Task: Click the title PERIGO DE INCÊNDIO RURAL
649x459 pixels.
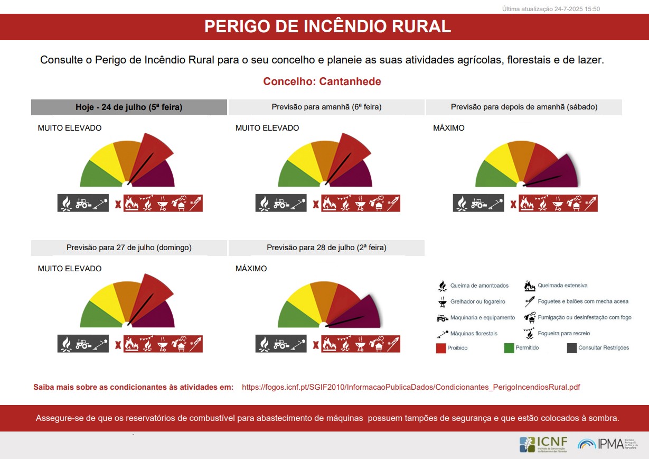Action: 327,26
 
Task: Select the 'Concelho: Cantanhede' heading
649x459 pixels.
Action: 322,81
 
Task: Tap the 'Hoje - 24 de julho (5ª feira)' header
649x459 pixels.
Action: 129,107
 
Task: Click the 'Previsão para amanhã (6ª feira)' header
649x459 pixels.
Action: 326,107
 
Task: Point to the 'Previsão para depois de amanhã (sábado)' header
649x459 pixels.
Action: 524,107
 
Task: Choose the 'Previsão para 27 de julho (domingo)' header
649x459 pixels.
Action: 129,247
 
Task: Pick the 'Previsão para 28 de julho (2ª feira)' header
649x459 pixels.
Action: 326,247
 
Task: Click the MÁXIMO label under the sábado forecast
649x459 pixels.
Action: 449,128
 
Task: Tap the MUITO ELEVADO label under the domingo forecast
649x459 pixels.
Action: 70,269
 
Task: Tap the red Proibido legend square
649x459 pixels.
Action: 441,348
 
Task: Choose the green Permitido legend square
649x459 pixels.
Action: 509,348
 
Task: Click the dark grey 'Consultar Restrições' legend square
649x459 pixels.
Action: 572,348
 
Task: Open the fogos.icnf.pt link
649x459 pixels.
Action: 411,387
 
